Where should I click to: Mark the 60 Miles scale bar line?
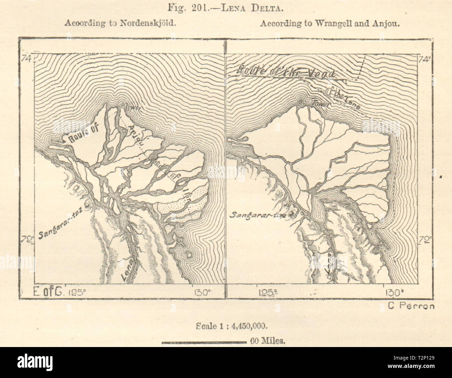tap(204, 342)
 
